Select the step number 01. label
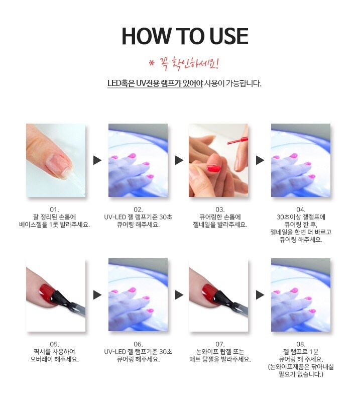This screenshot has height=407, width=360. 54,210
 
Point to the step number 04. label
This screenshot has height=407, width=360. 301,210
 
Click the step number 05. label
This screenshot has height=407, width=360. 54,344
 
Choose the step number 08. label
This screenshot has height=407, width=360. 301,344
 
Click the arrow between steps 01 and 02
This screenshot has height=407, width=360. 97,160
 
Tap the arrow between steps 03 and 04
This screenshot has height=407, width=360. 260,160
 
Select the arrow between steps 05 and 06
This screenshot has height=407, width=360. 97,295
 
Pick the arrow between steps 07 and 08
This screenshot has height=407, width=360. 260,295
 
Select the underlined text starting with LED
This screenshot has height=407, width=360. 155,83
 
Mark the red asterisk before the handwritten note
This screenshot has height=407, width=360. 152,63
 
